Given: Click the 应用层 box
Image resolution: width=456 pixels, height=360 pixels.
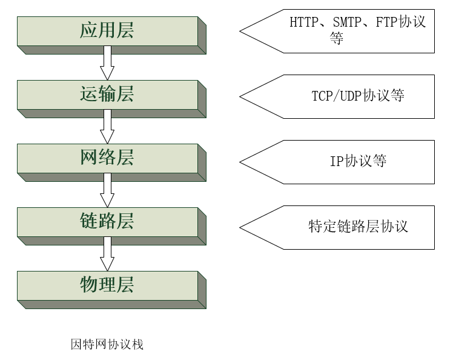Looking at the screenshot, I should point(107,31).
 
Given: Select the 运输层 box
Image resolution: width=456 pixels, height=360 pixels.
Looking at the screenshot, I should point(107,95).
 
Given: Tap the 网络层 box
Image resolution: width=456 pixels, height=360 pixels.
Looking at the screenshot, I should point(107,158).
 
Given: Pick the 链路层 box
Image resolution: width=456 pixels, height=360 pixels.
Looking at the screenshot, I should point(107,222).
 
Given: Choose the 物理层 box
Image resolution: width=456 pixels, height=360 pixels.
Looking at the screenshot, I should point(107,285).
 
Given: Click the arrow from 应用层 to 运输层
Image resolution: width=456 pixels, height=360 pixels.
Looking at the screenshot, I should point(107,64).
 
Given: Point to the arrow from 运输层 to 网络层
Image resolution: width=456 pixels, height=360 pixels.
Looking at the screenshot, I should point(107,127).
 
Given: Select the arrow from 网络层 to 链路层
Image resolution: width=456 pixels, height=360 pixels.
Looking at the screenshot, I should point(107,191).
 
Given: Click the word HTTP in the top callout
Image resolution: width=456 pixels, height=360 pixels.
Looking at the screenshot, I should point(303,22).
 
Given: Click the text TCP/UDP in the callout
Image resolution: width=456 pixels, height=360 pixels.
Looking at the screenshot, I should point(337,96).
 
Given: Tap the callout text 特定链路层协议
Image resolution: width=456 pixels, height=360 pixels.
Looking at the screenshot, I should point(359,227).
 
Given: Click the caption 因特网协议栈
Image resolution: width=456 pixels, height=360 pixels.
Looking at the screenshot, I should point(107,345).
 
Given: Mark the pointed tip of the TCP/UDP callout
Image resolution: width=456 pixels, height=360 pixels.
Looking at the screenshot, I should point(241,96).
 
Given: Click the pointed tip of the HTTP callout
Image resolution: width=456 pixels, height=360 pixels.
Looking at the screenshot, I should point(241,31).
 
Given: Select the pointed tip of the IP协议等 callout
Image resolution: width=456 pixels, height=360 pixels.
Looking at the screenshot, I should point(241,162).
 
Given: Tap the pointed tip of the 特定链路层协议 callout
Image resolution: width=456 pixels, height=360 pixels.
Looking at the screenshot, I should point(241,227).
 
